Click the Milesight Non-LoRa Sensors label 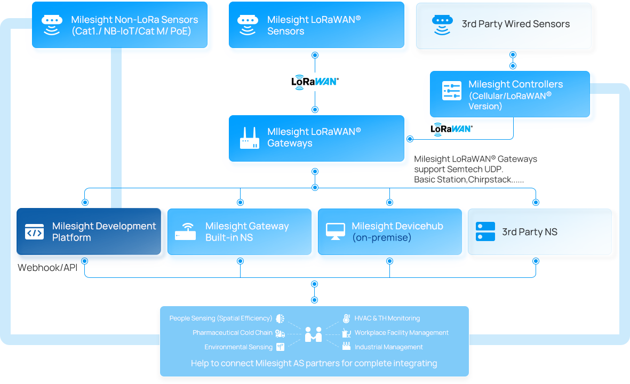(x=134, y=25)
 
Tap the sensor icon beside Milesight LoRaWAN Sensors (x=248, y=25)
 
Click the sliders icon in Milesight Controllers (x=451, y=91)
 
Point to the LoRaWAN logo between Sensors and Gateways (x=315, y=82)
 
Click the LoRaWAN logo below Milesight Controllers (x=451, y=129)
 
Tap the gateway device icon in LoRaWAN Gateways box (x=249, y=138)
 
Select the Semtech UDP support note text (x=475, y=170)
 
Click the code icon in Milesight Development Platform (x=35, y=232)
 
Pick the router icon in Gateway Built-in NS (x=185, y=232)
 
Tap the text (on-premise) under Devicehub (x=381, y=238)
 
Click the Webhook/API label (x=47, y=268)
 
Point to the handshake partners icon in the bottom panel (x=313, y=334)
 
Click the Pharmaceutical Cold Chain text (x=232, y=333)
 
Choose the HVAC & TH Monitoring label (x=387, y=318)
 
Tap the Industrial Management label (x=388, y=347)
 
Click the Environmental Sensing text (x=238, y=347)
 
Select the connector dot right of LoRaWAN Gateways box (x=410, y=139)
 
